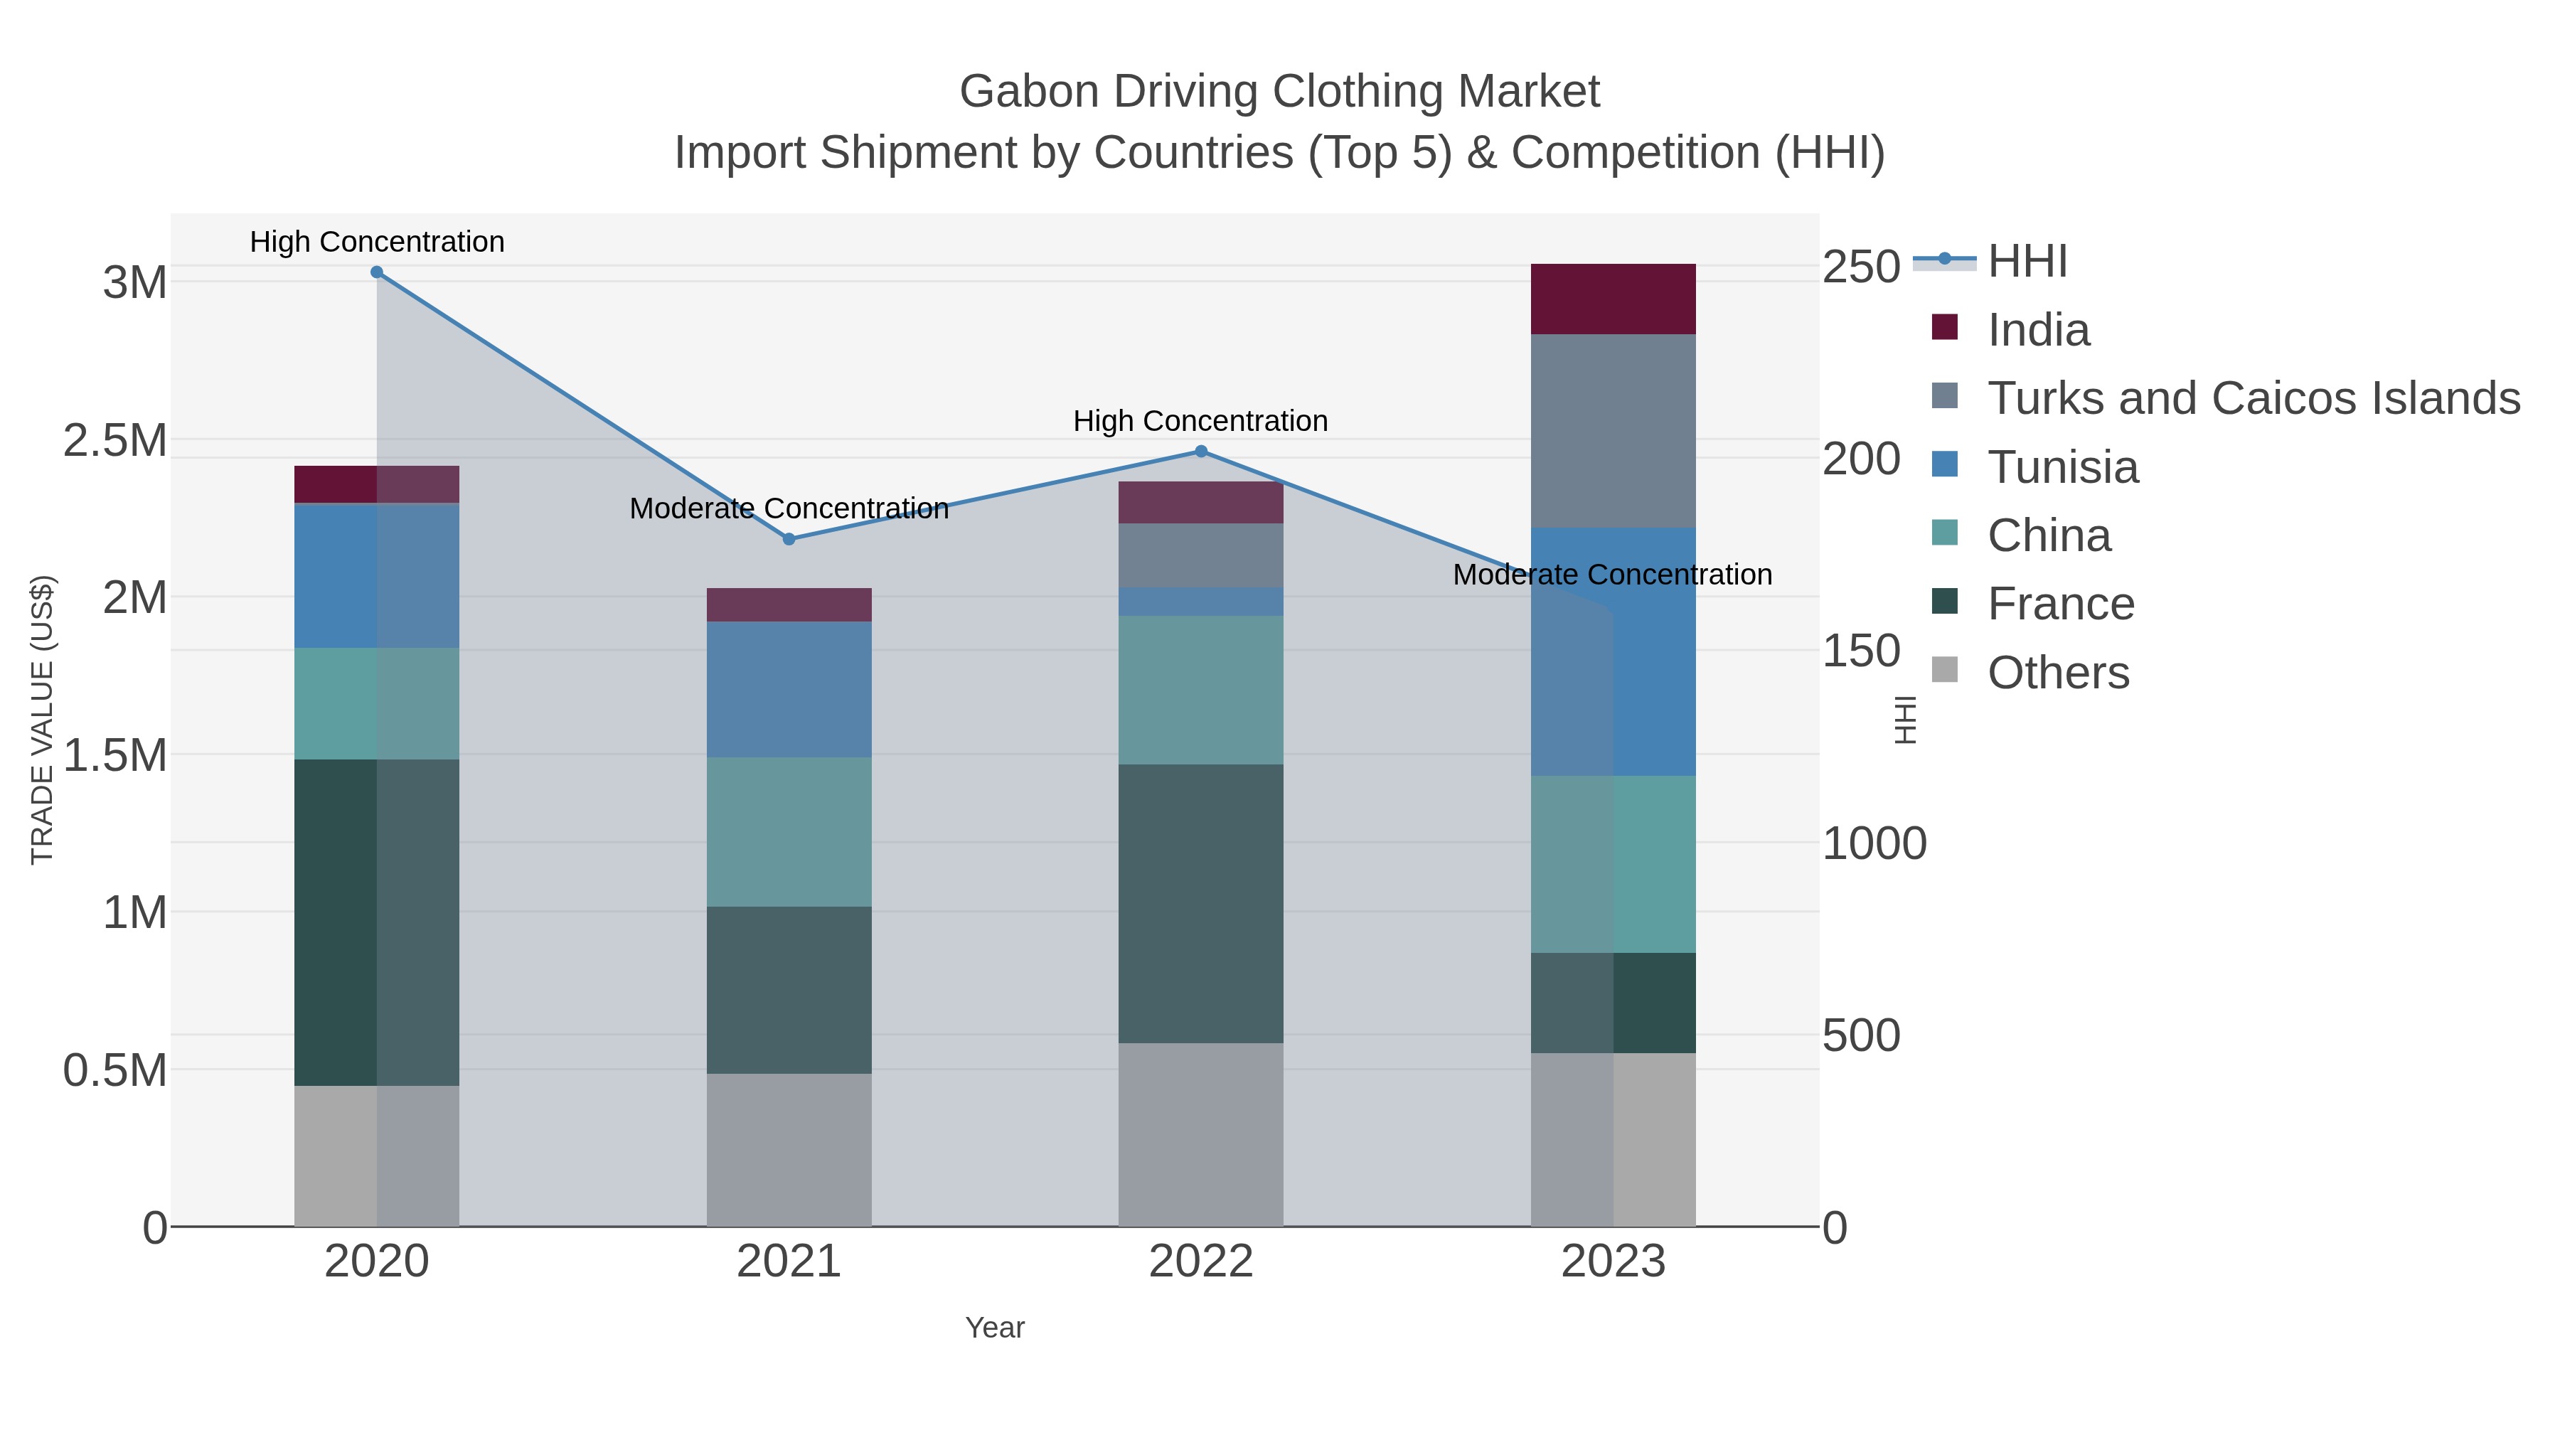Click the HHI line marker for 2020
(x=377, y=272)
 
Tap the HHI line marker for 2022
(x=1200, y=451)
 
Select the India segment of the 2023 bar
(x=1613, y=299)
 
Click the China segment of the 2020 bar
(x=377, y=703)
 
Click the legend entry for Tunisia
(x=2062, y=467)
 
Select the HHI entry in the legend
(x=2027, y=262)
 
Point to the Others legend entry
(x=2057, y=673)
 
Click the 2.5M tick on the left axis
(x=115, y=440)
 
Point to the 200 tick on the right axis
(x=1860, y=459)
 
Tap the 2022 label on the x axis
(x=1200, y=1262)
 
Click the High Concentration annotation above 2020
(x=377, y=242)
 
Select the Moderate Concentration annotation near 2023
(x=1612, y=575)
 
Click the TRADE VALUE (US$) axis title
(x=42, y=720)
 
